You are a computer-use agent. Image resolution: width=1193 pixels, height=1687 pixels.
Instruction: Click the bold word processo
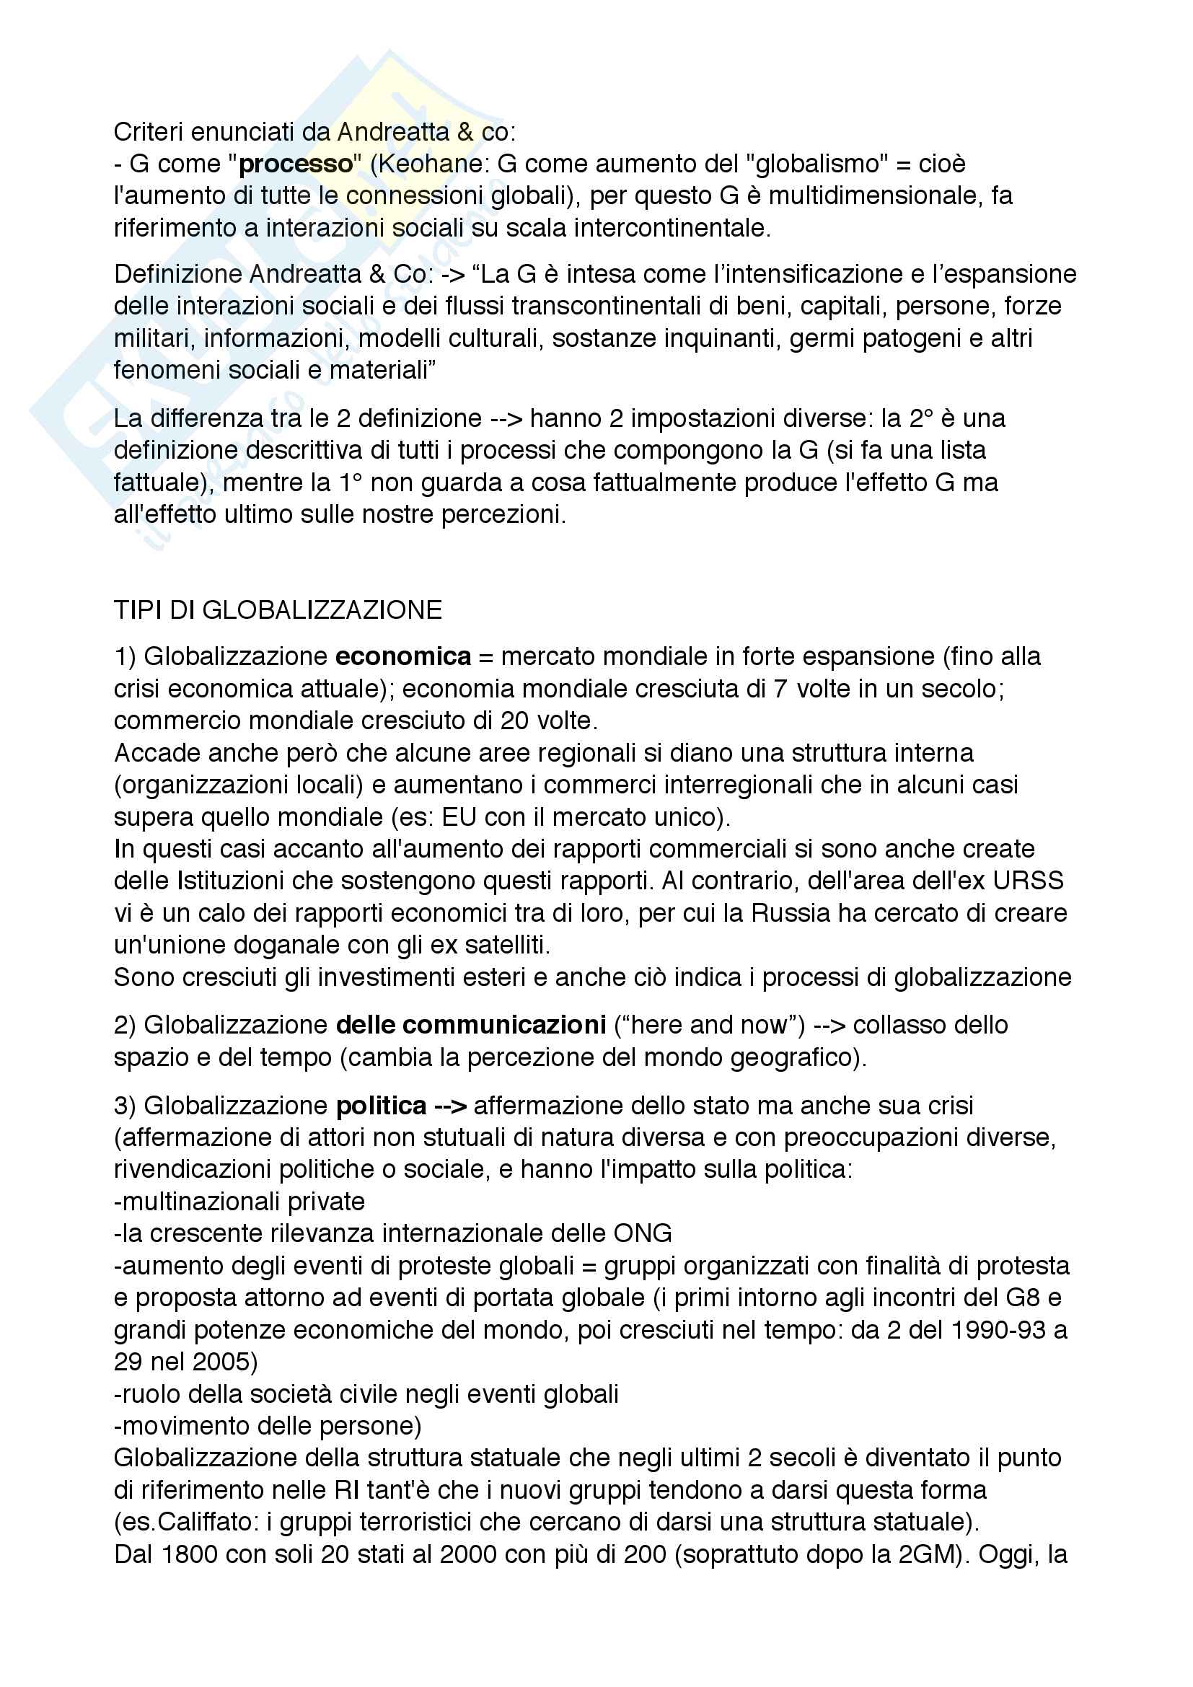tap(296, 164)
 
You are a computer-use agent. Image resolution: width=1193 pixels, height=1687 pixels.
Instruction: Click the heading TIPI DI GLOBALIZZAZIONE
tap(278, 611)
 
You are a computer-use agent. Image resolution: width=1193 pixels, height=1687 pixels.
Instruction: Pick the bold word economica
tap(402, 657)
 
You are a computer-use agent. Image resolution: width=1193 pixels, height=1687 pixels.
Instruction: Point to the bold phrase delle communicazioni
tap(471, 1025)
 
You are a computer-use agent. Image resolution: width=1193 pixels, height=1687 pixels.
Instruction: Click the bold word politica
tap(382, 1106)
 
